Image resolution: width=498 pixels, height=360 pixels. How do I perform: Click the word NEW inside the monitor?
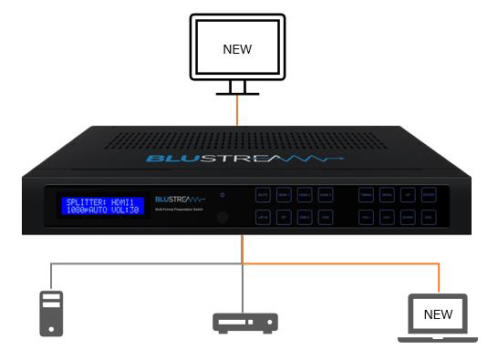(x=237, y=49)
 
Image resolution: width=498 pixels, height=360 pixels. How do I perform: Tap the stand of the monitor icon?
(x=237, y=87)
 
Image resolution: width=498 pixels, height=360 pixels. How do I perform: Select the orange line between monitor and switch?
(x=238, y=111)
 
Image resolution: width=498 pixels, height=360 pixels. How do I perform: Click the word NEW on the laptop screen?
(x=438, y=314)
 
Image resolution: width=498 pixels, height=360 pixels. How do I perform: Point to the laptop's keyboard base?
(x=438, y=338)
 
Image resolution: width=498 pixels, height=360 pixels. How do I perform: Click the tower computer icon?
(x=52, y=313)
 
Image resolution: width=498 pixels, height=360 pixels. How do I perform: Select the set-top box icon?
(x=244, y=322)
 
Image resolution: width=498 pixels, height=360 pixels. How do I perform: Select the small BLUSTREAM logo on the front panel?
(x=180, y=199)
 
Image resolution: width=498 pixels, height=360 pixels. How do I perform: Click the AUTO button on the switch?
(x=263, y=195)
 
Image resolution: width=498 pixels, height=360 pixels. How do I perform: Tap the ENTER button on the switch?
(x=429, y=195)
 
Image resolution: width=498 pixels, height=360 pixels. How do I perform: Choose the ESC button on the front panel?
(x=429, y=218)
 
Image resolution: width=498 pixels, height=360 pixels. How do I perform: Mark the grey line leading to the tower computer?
(x=52, y=273)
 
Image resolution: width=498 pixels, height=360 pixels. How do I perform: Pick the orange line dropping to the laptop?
(x=439, y=278)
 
